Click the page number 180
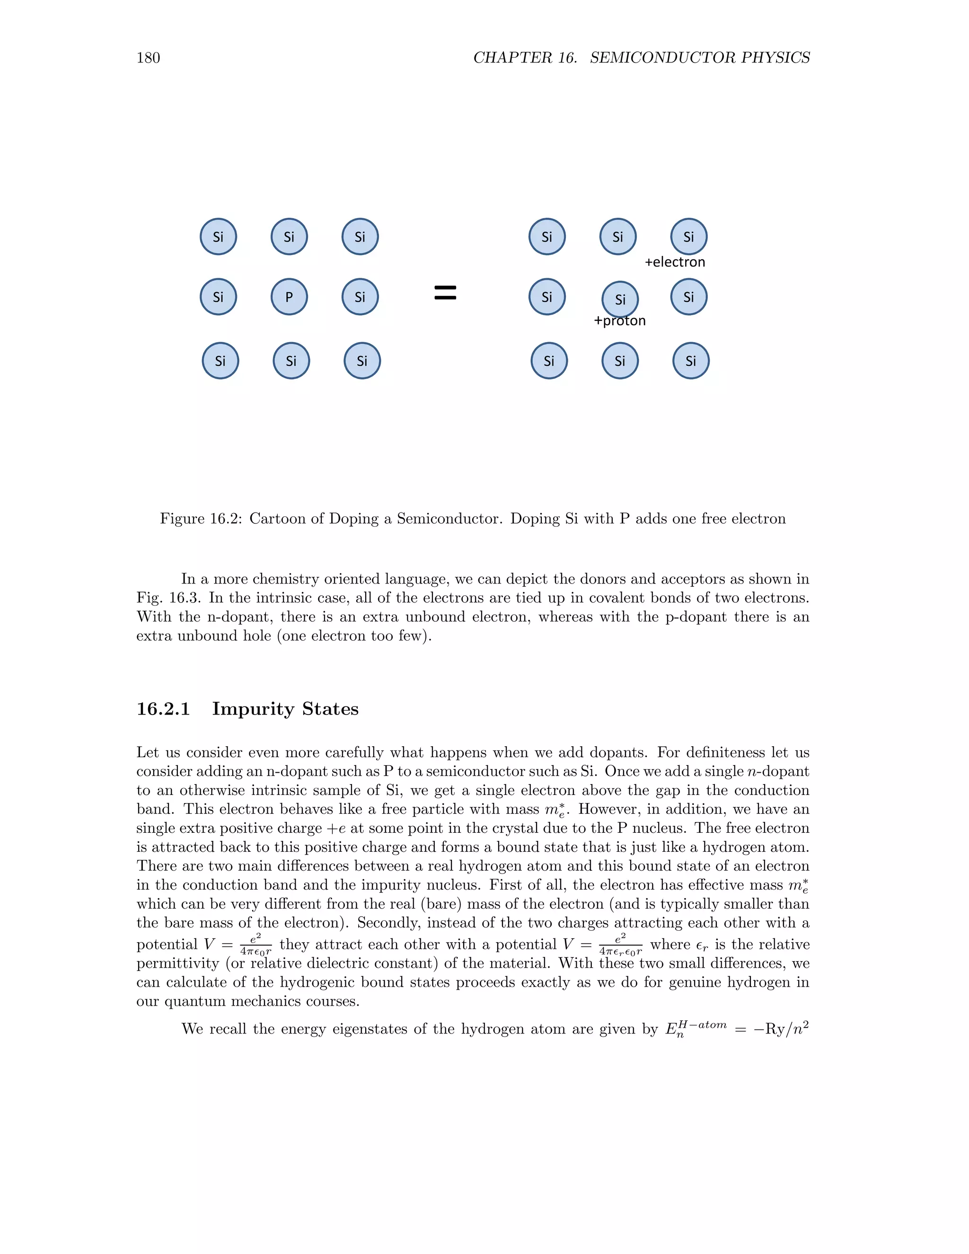[x=148, y=58]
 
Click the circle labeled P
[x=289, y=297]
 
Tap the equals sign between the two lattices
[x=445, y=293]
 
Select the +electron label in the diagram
[x=675, y=263]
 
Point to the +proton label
[x=619, y=321]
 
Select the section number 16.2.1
[x=163, y=709]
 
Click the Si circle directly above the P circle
[x=289, y=237]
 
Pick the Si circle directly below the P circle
[x=291, y=361]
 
